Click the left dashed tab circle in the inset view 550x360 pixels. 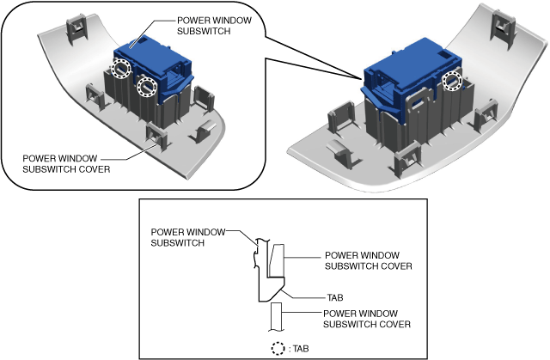point(122,69)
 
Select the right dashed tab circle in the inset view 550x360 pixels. point(147,86)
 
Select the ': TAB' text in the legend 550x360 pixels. point(302,349)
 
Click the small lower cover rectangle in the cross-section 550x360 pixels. point(277,319)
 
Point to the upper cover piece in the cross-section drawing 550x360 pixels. point(277,260)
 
